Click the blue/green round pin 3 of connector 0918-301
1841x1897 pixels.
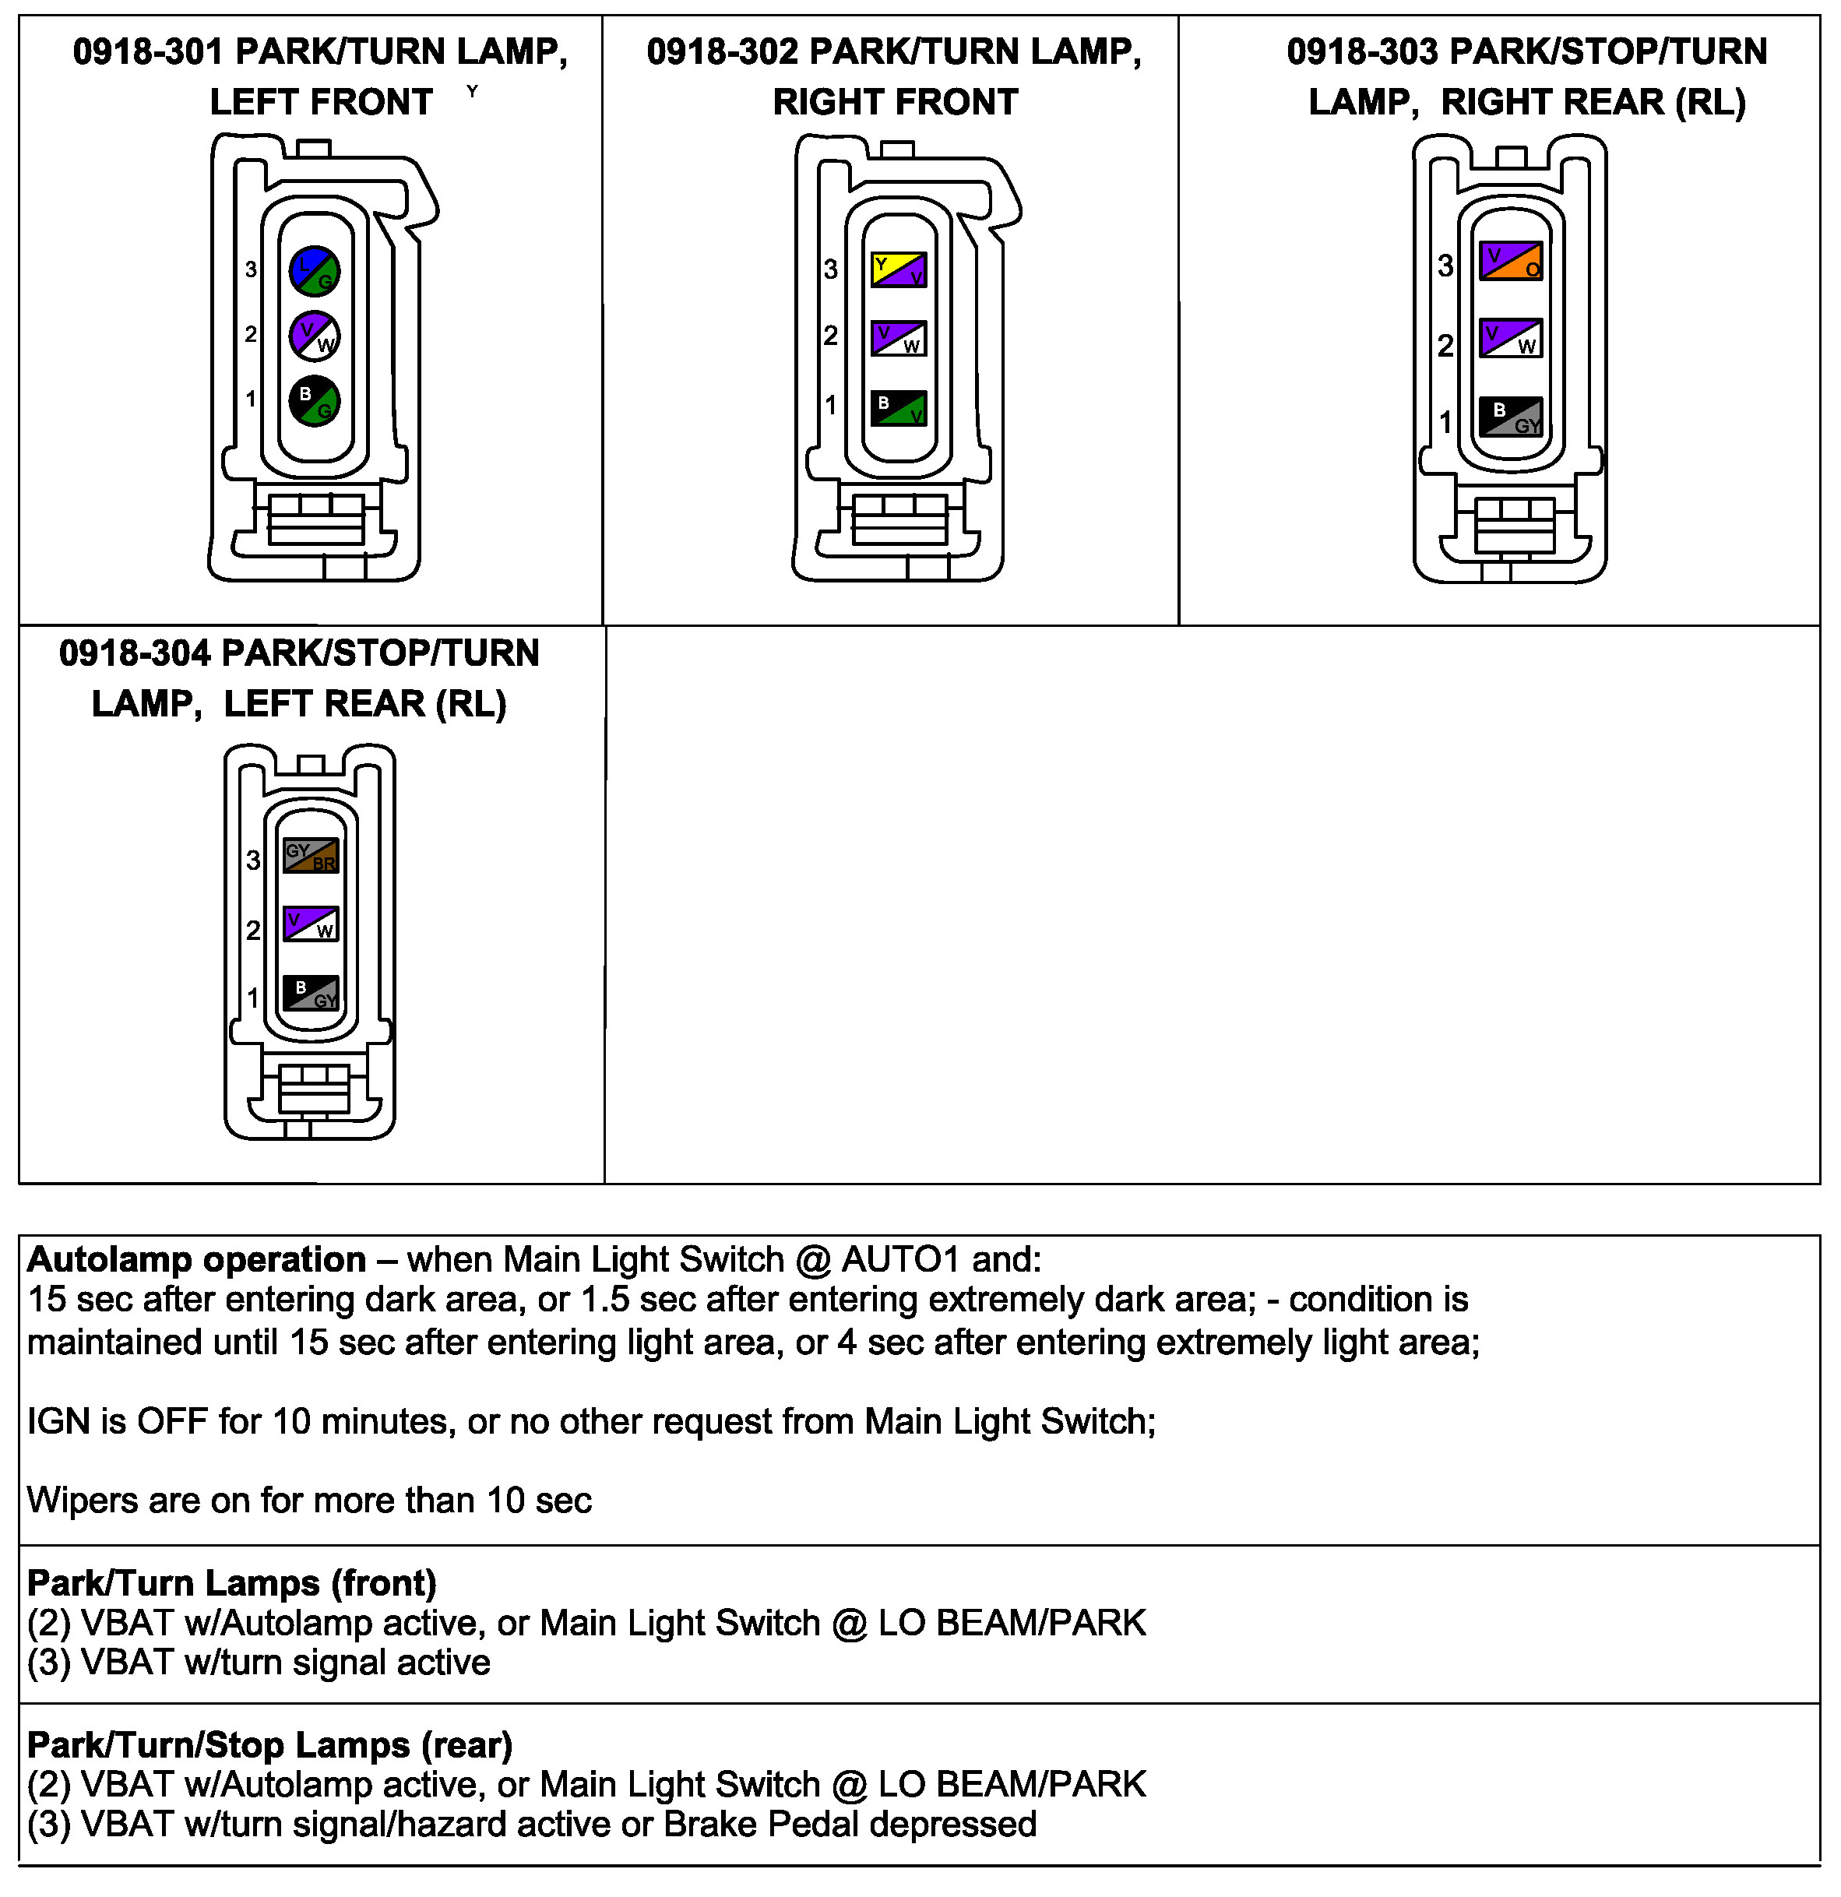(x=315, y=271)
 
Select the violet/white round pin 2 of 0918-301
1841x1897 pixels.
(x=315, y=336)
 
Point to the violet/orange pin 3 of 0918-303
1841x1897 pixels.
(x=1510, y=262)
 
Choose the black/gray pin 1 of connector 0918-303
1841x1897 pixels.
(x=1510, y=416)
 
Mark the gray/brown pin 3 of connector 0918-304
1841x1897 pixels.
(x=311, y=856)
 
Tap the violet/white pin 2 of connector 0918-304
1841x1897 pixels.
(x=311, y=924)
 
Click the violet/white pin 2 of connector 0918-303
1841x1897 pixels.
(x=1510, y=339)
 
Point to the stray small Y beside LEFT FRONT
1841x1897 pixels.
(x=473, y=91)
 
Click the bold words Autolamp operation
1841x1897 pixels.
(x=196, y=1260)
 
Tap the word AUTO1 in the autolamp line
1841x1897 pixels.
(x=901, y=1260)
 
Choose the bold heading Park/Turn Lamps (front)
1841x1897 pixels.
(x=232, y=1583)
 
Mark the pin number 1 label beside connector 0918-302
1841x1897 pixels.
(x=830, y=405)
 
